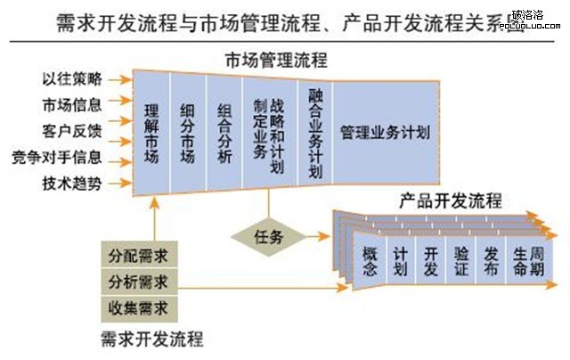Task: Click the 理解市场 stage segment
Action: [x=151, y=133]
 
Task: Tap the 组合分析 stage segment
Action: [x=224, y=133]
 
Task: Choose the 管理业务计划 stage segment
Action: [x=385, y=132]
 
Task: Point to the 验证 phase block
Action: [x=460, y=261]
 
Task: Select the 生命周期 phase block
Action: [x=525, y=261]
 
